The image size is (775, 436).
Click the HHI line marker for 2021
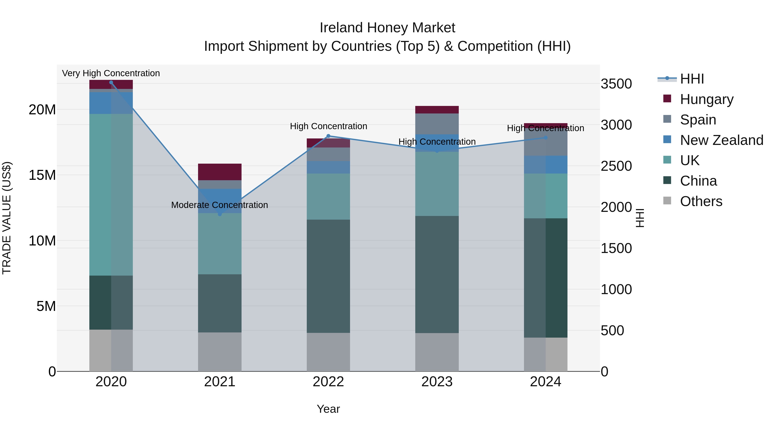220,214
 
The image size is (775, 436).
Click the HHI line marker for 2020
111,82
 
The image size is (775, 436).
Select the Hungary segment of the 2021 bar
220,172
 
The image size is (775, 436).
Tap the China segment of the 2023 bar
437,274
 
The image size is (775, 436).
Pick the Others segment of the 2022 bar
328,352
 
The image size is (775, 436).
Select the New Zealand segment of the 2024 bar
546,164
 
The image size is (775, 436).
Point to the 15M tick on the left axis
42,175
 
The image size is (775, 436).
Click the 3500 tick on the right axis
616,84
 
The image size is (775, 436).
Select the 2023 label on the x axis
437,382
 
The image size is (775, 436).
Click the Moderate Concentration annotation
220,205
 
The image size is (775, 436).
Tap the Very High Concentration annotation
111,73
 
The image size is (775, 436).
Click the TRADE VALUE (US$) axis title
7,218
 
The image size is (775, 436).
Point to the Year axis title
328,409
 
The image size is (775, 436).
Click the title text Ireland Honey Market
387,28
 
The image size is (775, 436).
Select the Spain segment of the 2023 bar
437,124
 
